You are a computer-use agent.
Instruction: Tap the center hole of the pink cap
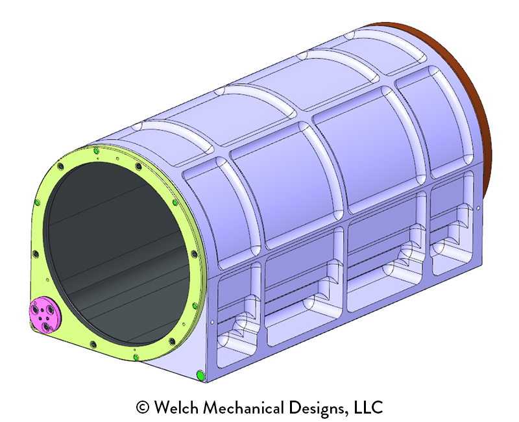pyautogui.click(x=43, y=316)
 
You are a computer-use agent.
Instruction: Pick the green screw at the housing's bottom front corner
pyautogui.click(x=200, y=375)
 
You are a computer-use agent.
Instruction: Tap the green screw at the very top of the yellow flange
pyautogui.click(x=96, y=151)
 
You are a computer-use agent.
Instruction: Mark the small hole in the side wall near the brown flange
pyautogui.click(x=479, y=208)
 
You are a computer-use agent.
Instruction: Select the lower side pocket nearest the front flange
pyautogui.click(x=237, y=312)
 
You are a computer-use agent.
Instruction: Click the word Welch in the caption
pyautogui.click(x=176, y=408)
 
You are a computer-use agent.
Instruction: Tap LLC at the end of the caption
pyautogui.click(x=370, y=408)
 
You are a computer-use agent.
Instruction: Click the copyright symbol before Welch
pyautogui.click(x=143, y=408)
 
